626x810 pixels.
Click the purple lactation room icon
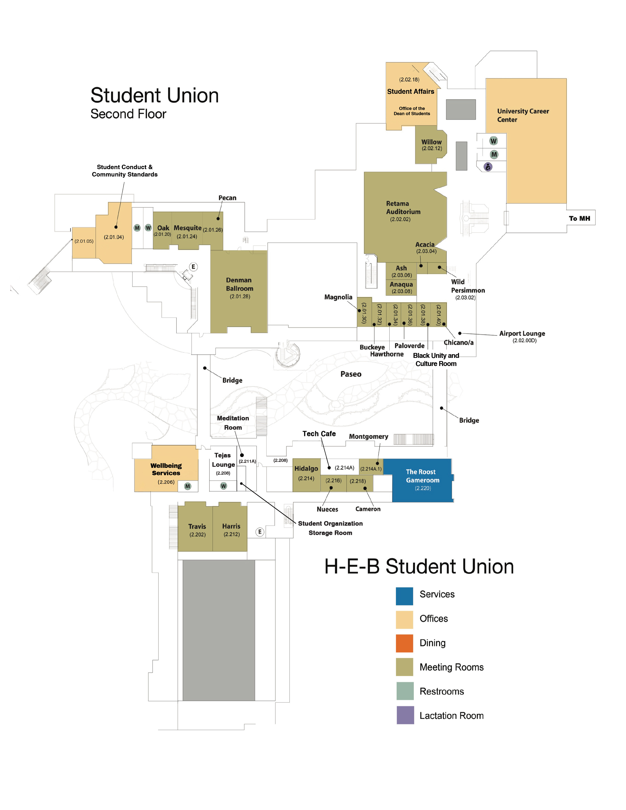click(488, 167)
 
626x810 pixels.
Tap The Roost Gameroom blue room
click(422, 480)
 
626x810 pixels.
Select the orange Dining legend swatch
click(404, 643)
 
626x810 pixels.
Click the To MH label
click(579, 218)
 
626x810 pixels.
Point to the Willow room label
click(431, 142)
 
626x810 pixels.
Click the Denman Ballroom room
click(239, 288)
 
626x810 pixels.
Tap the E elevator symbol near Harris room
click(260, 532)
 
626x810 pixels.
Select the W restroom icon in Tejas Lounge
click(223, 486)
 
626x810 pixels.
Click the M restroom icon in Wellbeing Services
click(188, 486)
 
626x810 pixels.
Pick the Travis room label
click(197, 526)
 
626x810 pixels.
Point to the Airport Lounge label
click(522, 333)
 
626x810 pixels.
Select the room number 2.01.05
click(84, 241)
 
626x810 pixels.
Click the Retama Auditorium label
click(403, 208)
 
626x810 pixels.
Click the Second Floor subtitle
click(128, 114)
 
